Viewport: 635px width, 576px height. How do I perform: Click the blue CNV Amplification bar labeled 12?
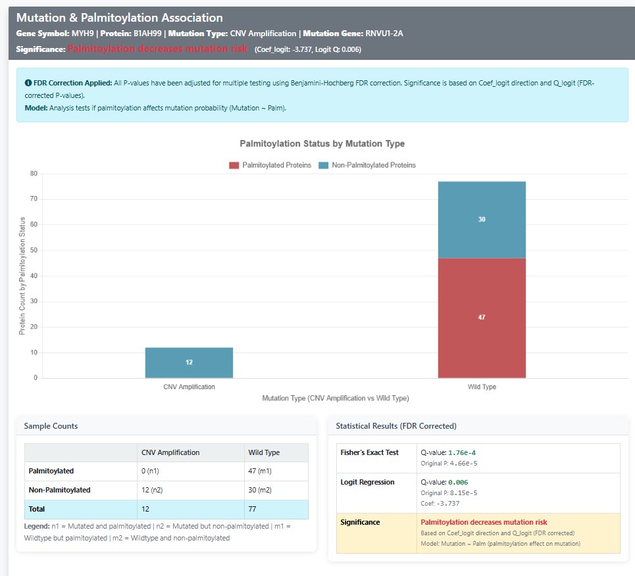(189, 362)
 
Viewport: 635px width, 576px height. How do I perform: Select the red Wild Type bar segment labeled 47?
(482, 318)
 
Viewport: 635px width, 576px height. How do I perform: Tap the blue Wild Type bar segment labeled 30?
(482, 220)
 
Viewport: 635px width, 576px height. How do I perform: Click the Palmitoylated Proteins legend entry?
(270, 165)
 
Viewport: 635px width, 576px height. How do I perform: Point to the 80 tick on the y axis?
(33, 174)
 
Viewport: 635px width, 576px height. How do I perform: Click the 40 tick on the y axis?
(33, 276)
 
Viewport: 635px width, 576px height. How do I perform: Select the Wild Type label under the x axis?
(482, 387)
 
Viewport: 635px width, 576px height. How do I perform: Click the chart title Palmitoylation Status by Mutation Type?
(322, 143)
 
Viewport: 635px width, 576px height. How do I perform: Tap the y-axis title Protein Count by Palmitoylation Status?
(22, 276)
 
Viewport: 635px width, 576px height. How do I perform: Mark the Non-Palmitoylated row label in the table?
(60, 490)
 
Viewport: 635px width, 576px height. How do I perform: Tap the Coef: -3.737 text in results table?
(440, 503)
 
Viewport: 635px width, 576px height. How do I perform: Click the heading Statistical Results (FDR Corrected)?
(395, 426)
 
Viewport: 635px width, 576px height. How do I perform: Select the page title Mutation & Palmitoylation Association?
(119, 18)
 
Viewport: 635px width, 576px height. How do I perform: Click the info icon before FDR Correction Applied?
(28, 84)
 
